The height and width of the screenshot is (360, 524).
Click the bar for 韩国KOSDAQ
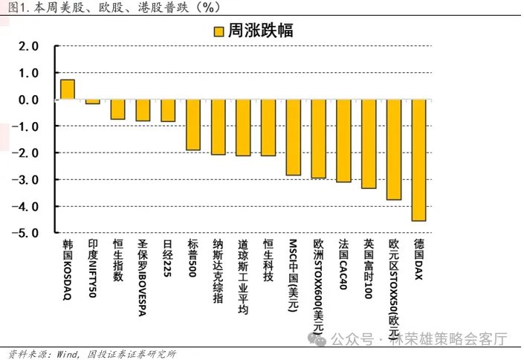[x=67, y=89]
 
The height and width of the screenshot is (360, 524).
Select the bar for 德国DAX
[x=419, y=160]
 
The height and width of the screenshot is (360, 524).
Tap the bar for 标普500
[x=193, y=125]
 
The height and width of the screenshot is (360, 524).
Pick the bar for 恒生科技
[x=268, y=127]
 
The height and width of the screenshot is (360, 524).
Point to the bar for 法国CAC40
[x=343, y=141]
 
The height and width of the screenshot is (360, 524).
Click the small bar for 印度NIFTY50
[x=92, y=101]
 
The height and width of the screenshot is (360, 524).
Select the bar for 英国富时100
[x=369, y=144]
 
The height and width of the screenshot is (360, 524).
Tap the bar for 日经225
[x=168, y=110]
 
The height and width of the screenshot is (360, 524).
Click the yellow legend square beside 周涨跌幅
[x=217, y=31]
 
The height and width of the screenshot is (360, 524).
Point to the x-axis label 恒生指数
[x=117, y=260]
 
